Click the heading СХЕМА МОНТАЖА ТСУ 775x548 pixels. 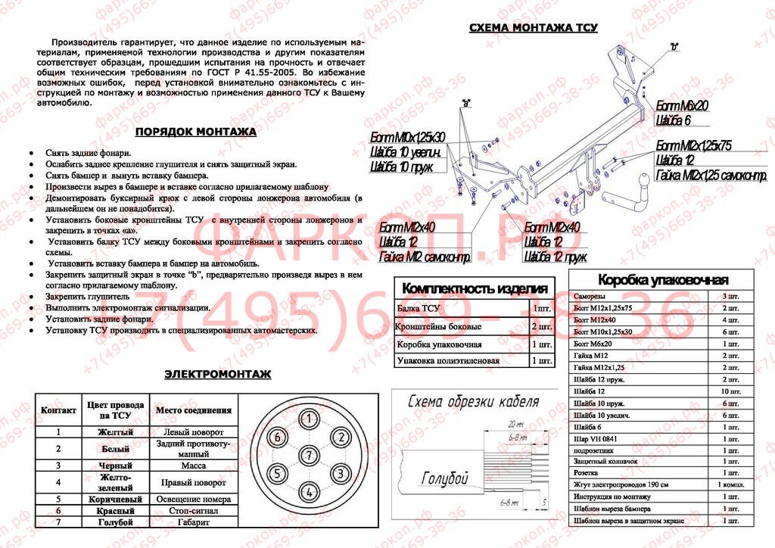coord(534,28)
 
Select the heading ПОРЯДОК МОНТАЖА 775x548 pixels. coord(195,132)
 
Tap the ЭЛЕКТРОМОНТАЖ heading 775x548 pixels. coord(218,374)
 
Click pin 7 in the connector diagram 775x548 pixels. coord(308,455)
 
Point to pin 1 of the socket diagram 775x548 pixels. coord(308,419)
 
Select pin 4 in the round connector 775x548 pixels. coord(308,492)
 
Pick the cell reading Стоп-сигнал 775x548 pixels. coord(193,512)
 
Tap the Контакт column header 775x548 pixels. coord(58,410)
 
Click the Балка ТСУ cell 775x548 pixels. coord(418,309)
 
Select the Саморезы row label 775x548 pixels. coord(590,296)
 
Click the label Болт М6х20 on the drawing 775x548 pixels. coord(682,106)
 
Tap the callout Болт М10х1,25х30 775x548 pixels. coord(407,137)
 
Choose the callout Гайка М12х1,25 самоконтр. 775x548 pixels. coord(711,176)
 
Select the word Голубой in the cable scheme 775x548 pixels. coord(444,478)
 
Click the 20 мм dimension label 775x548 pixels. coord(517,425)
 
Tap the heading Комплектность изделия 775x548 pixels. coord(475,288)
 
